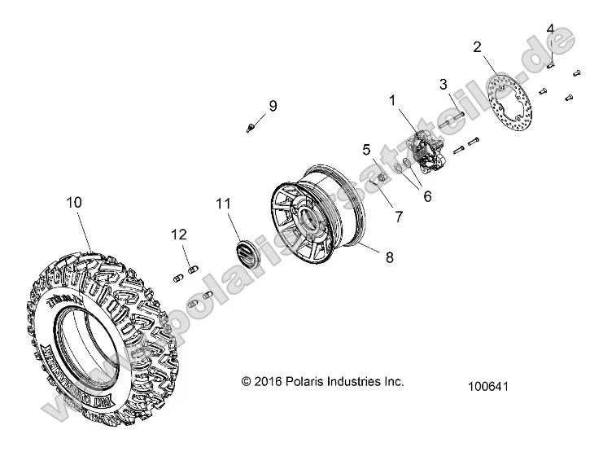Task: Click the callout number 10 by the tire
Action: click(74, 203)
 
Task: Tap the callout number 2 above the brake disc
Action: click(478, 46)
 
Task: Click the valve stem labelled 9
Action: click(251, 125)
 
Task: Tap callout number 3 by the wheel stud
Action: click(443, 84)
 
